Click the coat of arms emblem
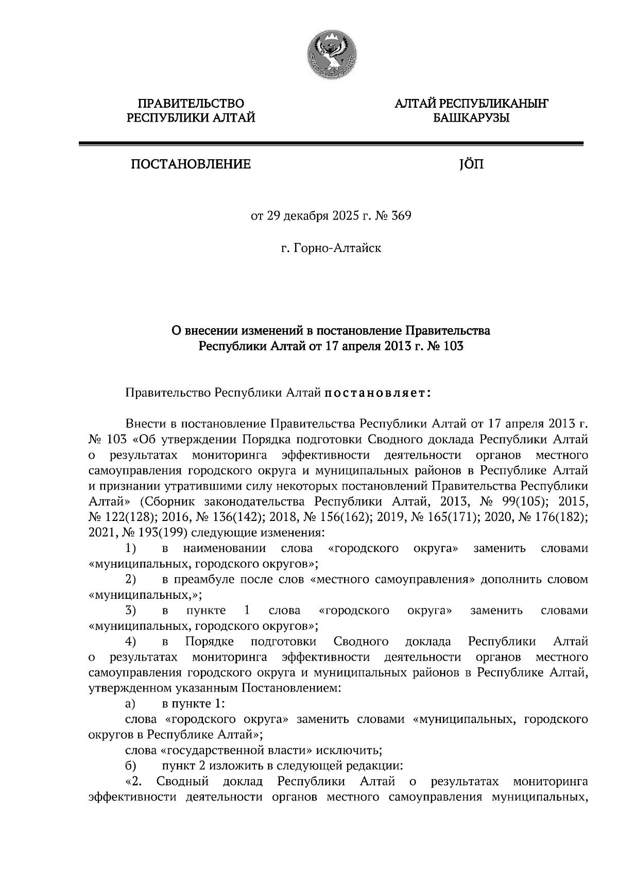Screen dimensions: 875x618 coord(330,54)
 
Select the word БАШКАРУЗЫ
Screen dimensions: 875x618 coord(471,119)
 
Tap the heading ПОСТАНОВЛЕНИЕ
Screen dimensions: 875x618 coord(191,164)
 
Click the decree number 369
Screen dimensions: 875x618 coord(401,216)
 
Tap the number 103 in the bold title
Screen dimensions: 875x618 coord(452,346)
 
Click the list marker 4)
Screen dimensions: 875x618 coord(130,642)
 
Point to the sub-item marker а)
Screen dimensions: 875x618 coord(130,703)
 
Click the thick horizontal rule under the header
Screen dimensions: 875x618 coord(330,144)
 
